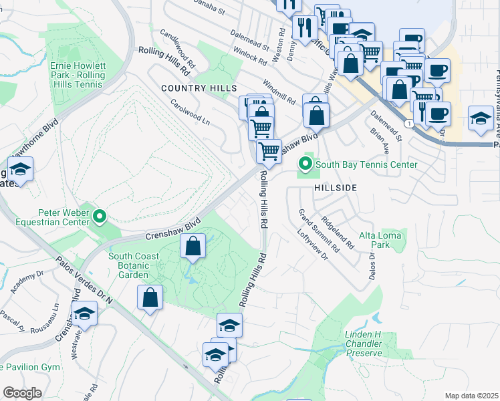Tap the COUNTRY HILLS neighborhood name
pyautogui.click(x=199, y=88)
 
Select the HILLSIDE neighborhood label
pyautogui.click(x=336, y=188)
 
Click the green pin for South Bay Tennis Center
pyautogui.click(x=305, y=163)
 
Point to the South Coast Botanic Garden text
pyautogui.click(x=134, y=265)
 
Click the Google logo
pyautogui.click(x=22, y=393)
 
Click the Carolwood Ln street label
pyautogui.click(x=190, y=113)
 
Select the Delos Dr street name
pyautogui.click(x=372, y=265)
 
